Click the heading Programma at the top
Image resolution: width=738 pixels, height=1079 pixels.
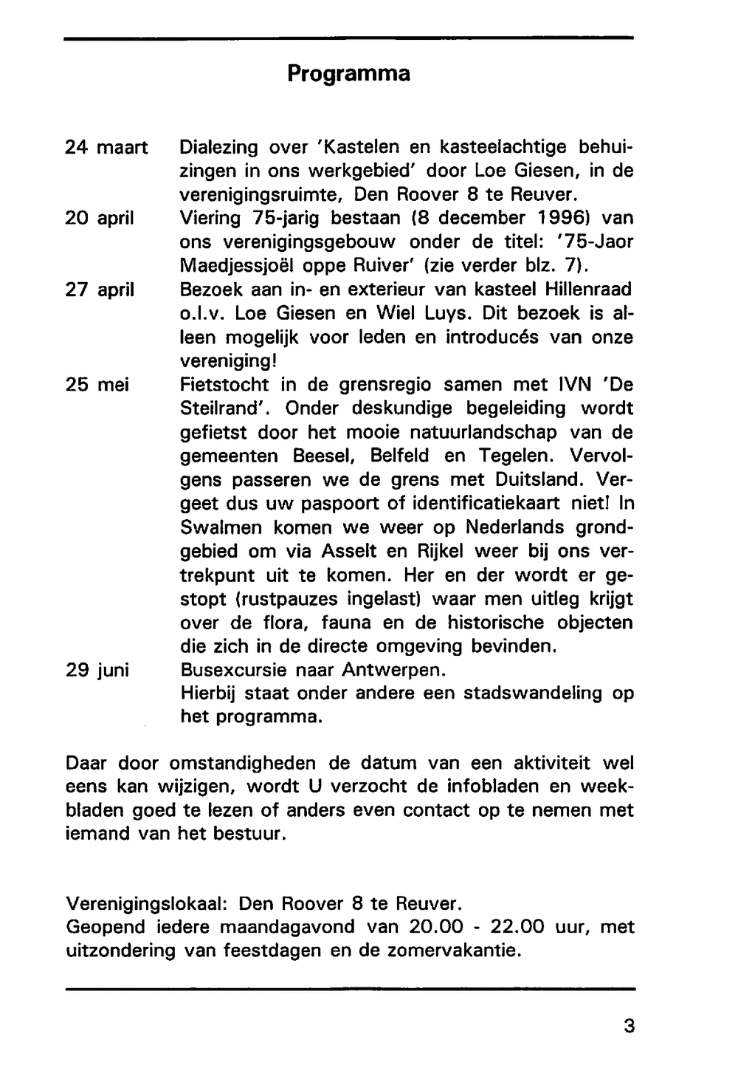point(348,74)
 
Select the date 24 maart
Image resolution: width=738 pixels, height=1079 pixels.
point(107,147)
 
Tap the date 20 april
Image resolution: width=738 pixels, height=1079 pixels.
point(100,218)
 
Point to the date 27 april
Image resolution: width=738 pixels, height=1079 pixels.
point(100,290)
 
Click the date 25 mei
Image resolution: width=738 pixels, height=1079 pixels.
point(97,385)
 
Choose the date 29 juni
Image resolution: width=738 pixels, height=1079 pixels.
point(97,670)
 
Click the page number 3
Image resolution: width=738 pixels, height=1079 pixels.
point(629,1026)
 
